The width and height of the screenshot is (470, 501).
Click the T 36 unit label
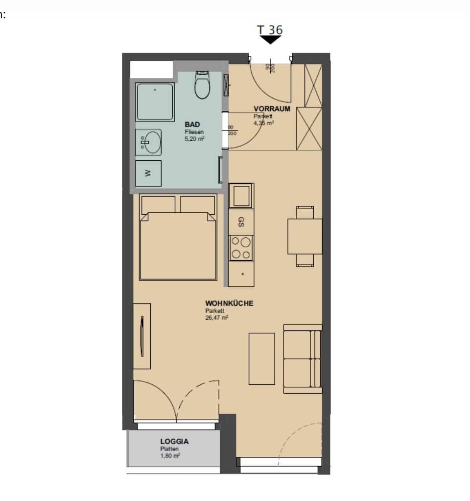(270, 29)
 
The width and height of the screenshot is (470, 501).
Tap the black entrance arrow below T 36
(270, 40)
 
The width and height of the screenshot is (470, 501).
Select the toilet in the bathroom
(202, 85)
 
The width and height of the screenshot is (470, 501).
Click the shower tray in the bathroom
(155, 101)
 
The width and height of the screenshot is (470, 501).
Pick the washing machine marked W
(148, 173)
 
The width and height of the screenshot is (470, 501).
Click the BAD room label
(192, 125)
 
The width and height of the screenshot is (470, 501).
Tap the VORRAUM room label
(272, 109)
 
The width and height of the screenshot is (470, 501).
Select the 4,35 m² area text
(263, 123)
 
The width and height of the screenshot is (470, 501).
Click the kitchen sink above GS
(241, 195)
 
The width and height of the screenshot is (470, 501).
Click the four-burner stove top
(241, 248)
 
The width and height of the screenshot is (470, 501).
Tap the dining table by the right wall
(305, 236)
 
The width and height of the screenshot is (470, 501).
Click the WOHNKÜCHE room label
(229, 303)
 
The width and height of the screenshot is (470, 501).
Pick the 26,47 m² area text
(217, 317)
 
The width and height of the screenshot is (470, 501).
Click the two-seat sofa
(303, 359)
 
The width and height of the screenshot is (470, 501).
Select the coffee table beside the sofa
(261, 358)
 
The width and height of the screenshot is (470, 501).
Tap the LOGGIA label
(174, 441)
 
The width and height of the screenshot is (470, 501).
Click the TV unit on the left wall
(142, 336)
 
